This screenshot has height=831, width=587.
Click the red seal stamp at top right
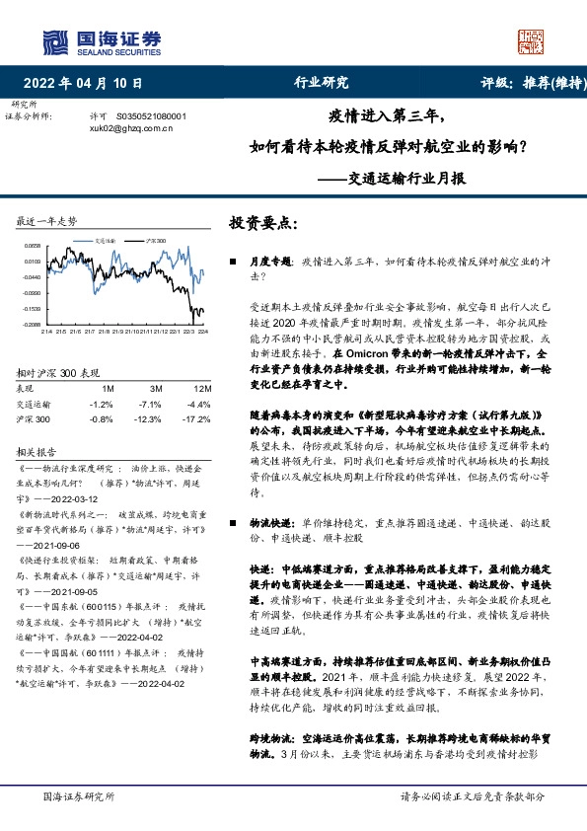pyautogui.click(x=531, y=40)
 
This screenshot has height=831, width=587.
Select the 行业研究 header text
pyautogui.click(x=323, y=83)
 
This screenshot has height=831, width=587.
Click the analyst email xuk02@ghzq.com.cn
pyautogui.click(x=131, y=128)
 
